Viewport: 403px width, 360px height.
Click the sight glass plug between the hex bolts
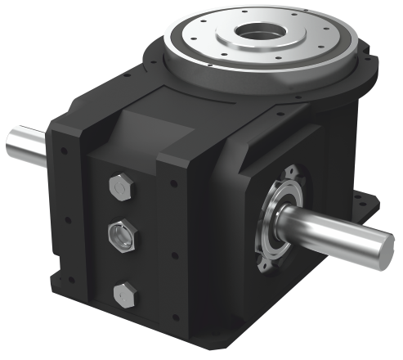coord(123,238)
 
